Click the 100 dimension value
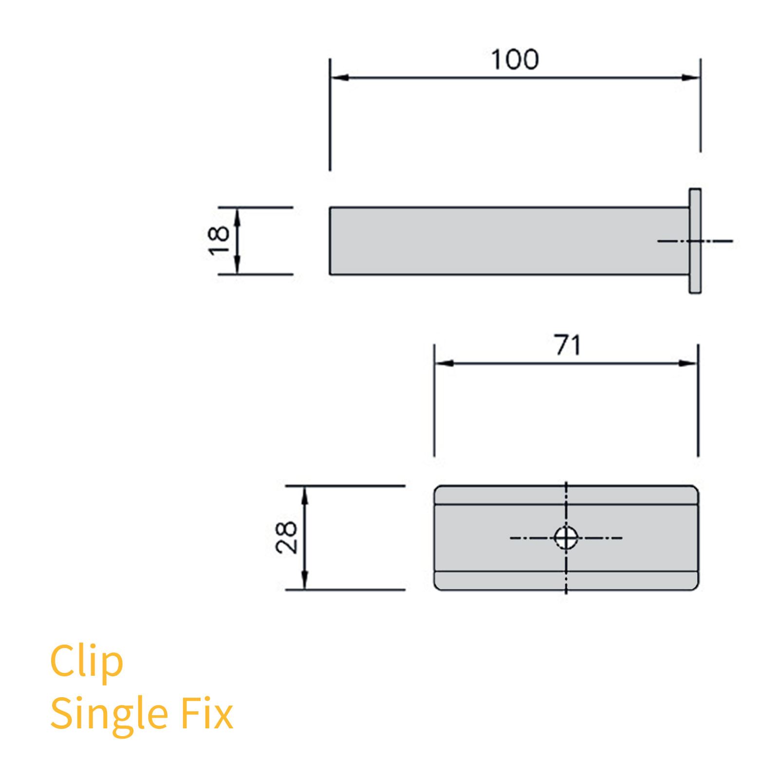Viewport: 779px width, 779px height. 515,60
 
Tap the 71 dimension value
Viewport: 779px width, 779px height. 568,345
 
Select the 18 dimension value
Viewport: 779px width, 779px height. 219,240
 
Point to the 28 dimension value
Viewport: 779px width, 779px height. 286,537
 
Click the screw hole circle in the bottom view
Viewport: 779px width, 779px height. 566,538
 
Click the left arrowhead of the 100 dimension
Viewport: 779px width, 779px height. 339,78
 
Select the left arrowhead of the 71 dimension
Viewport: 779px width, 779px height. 444,363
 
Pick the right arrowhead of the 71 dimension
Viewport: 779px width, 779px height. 688,363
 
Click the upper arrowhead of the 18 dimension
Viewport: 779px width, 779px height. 237,216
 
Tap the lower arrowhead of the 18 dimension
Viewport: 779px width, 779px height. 237,266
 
